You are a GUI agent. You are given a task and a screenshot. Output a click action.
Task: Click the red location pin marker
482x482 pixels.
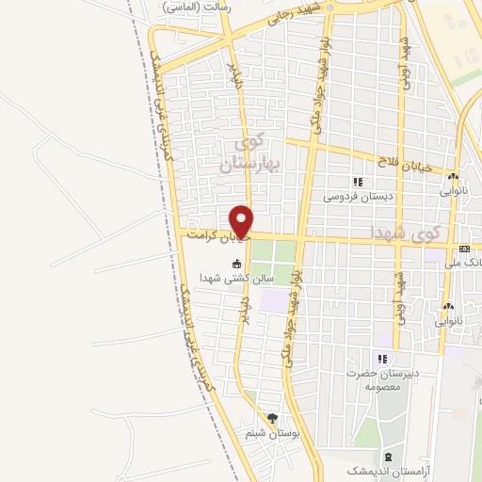coord(243,219)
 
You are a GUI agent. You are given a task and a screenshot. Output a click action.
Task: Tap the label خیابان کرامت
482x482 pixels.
coord(217,234)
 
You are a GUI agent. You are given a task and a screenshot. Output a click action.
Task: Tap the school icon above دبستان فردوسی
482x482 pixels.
coord(357,182)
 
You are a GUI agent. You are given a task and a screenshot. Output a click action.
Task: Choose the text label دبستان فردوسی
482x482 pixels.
coord(357,196)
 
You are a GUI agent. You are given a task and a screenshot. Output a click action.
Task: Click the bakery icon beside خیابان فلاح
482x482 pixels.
coord(453,176)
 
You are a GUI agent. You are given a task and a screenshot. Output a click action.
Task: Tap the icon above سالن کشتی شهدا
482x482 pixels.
coord(237,265)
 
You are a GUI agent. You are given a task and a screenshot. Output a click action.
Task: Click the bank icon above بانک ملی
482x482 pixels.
coord(464,248)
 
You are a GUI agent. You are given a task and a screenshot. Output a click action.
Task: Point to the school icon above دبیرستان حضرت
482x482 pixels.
coord(382,359)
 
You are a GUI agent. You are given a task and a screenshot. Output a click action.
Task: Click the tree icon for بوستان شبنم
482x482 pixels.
coord(272,419)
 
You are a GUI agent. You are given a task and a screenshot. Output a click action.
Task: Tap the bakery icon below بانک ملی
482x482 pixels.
coord(449,306)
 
